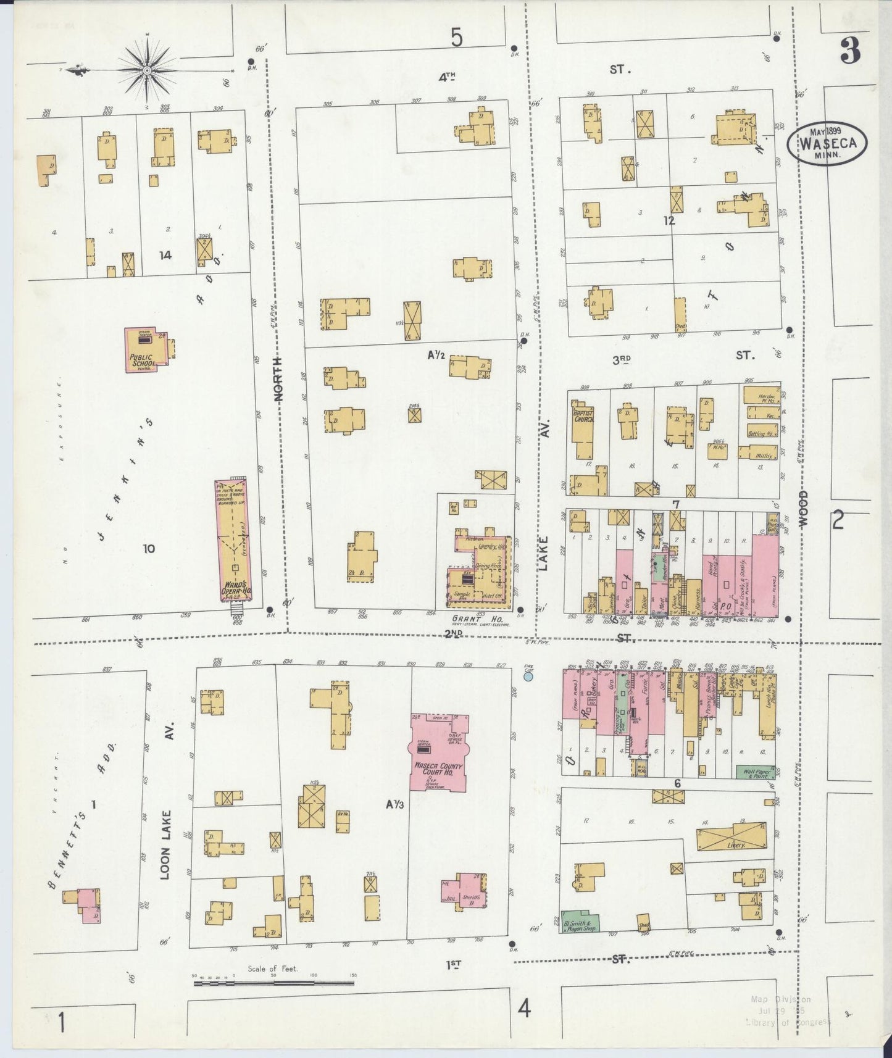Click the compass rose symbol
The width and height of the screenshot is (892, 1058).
[x=147, y=71]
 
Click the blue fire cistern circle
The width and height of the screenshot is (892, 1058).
[x=528, y=677]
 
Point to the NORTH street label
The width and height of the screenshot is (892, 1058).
[x=278, y=378]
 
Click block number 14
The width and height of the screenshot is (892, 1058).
[x=164, y=255]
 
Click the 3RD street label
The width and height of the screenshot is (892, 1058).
[x=621, y=360]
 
